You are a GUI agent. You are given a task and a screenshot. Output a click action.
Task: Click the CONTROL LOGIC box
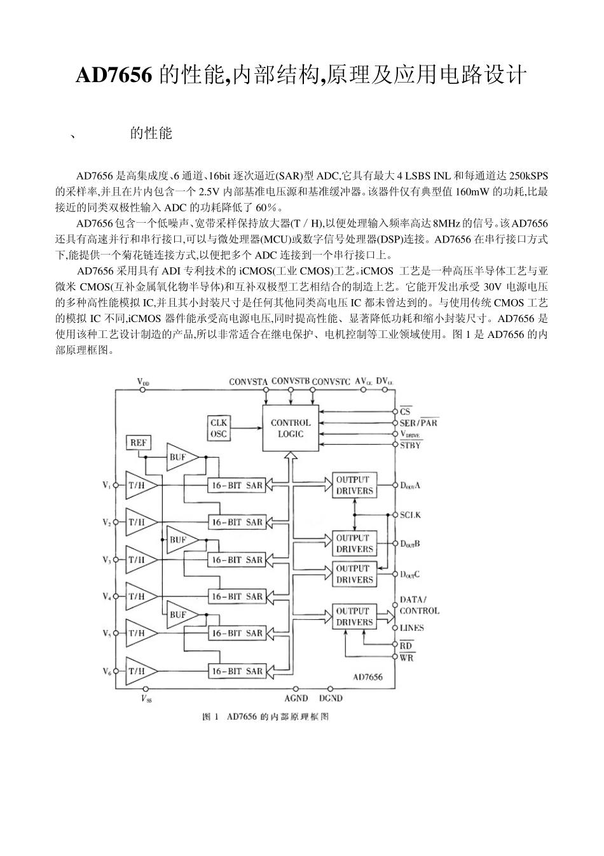pos(291,428)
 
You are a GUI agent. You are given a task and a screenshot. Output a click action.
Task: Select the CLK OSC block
pos(218,428)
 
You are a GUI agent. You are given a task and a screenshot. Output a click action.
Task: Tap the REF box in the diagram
pos(138,443)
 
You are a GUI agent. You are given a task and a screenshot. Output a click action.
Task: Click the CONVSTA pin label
pos(249,382)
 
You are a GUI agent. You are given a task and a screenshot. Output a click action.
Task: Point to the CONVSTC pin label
pos(331,382)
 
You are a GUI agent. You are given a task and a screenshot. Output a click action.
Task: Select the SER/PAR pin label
pos(418,423)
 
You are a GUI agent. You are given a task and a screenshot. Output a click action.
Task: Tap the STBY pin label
pos(410,445)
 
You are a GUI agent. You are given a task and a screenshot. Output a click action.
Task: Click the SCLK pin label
pos(410,514)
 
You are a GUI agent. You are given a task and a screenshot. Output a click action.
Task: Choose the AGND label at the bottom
pos(296,698)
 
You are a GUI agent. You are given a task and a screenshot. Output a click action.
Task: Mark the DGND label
pos(331,698)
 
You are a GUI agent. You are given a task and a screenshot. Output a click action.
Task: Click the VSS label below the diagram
pos(146,699)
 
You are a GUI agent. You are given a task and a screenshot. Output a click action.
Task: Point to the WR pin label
pos(407,657)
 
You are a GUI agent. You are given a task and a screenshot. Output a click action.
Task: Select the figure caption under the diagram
pos(265,717)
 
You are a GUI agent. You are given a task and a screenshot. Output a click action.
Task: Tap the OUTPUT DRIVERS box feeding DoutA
pos(354,485)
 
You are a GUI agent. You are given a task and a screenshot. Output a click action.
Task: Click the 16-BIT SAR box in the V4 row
pos(237,596)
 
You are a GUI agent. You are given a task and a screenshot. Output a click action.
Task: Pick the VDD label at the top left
pos(144,382)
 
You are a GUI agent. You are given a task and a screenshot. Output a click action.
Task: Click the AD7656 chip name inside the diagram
pos(368,677)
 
